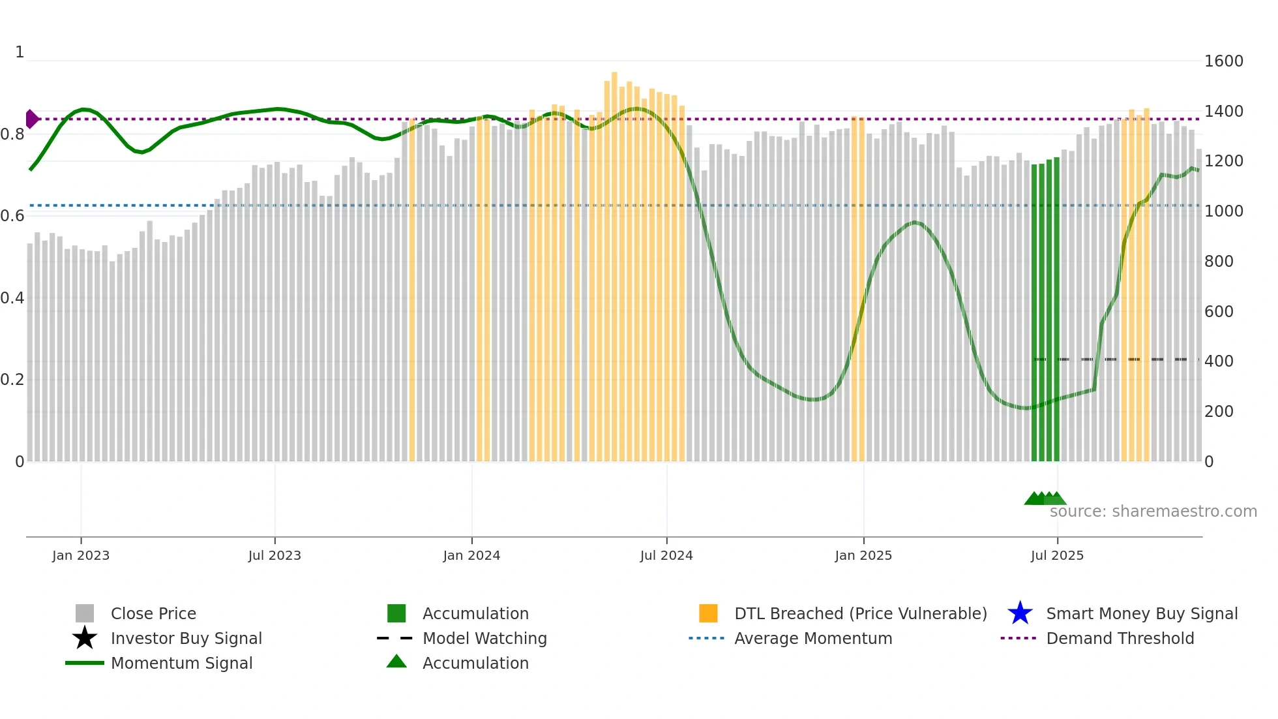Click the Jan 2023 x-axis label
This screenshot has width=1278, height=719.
tap(81, 555)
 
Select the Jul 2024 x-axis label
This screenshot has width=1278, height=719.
tap(666, 555)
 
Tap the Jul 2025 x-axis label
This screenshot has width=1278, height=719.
tap(1057, 555)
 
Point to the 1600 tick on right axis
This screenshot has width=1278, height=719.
tap(1223, 61)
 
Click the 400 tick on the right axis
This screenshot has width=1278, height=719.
tap(1219, 361)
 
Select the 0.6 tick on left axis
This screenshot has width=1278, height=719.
tap(12, 216)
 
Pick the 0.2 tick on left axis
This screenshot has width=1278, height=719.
tap(12, 380)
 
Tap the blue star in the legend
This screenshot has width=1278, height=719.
tap(1020, 613)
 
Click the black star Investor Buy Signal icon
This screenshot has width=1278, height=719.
tap(85, 638)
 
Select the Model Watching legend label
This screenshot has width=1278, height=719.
tap(484, 638)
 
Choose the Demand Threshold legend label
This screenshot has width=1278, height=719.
tap(1120, 638)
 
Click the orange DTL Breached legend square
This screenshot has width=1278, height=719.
tap(708, 613)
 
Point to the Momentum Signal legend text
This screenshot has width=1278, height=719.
tap(181, 663)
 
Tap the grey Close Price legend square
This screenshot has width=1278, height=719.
tap(85, 613)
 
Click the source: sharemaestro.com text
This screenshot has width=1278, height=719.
tap(1153, 512)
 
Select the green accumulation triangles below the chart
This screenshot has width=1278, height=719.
tap(1045, 498)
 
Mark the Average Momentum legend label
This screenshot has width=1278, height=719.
tap(813, 638)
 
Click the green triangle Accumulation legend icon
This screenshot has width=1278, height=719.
tap(396, 662)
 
